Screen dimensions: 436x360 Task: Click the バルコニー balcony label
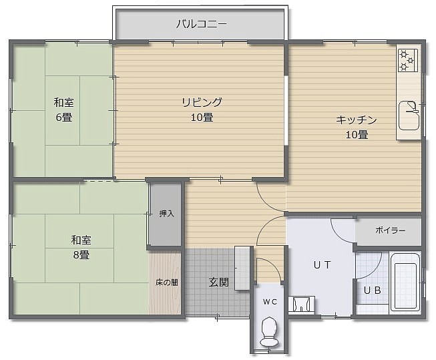click(x=202, y=24)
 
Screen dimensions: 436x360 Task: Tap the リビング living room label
click(x=202, y=102)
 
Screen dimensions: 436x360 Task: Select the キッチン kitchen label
click(x=356, y=120)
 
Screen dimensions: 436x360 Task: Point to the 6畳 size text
click(x=64, y=117)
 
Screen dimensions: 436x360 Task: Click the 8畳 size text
click(x=81, y=254)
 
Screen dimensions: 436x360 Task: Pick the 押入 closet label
click(x=166, y=214)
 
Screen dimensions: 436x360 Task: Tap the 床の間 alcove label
click(x=166, y=283)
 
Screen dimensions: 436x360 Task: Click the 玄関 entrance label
click(x=218, y=283)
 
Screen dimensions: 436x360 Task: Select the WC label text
click(x=270, y=302)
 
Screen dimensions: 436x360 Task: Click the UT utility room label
click(x=322, y=265)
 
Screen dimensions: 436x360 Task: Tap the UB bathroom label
click(x=373, y=291)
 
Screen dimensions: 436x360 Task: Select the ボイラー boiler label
click(x=391, y=230)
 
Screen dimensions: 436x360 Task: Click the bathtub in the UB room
click(x=405, y=282)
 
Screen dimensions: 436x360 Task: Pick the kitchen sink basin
click(x=409, y=116)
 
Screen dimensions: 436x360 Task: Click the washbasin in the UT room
click(x=302, y=305)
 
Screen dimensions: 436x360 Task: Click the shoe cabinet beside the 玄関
click(x=242, y=268)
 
